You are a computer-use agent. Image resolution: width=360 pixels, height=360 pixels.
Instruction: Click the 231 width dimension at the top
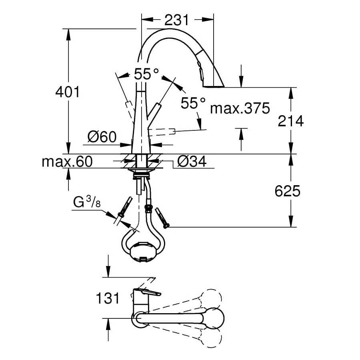click(176, 20)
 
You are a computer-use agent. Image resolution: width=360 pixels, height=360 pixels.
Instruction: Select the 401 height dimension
click(67, 92)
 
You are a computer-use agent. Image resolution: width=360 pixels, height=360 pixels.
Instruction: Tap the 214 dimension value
click(291, 121)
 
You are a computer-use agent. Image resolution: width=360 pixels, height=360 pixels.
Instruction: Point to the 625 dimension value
click(288, 191)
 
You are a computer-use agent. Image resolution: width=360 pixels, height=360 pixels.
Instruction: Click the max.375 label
click(240, 108)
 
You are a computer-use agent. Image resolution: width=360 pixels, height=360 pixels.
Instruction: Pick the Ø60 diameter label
click(102, 137)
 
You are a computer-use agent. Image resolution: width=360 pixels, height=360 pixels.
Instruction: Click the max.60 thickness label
click(67, 162)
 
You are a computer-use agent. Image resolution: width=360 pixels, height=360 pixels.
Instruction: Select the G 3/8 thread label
click(87, 202)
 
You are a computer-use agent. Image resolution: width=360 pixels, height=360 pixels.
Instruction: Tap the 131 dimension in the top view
click(108, 298)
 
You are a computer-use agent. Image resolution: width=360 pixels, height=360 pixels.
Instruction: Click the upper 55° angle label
click(146, 74)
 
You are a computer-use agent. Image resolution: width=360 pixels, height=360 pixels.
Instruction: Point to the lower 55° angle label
click(193, 103)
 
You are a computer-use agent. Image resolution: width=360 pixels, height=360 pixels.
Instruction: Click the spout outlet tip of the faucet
click(214, 86)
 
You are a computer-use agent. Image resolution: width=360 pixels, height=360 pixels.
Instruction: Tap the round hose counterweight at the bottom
click(142, 252)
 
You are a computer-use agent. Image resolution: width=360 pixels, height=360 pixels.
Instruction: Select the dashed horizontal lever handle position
click(162, 132)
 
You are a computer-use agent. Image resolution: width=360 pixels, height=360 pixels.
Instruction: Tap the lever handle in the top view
click(147, 292)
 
